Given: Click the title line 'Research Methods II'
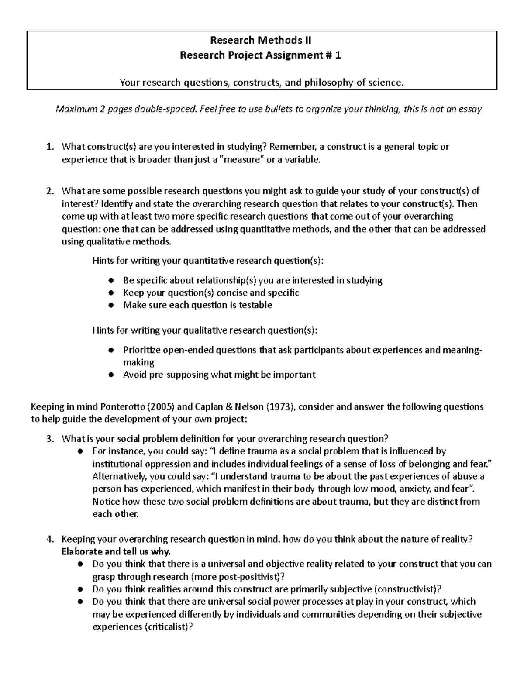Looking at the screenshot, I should coord(261,41).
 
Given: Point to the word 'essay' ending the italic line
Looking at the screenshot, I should coord(470,109).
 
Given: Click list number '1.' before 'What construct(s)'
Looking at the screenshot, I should coord(49,147).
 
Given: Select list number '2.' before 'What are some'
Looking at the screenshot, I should coord(49,191).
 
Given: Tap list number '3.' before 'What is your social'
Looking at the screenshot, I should coord(49,438).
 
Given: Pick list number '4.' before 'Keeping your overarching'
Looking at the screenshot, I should coord(49,539).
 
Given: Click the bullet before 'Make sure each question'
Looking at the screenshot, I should coord(111,305).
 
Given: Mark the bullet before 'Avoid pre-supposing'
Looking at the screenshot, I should coord(111,375).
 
